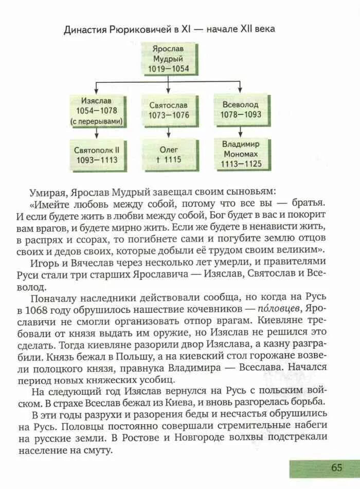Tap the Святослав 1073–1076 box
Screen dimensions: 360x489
coord(169,110)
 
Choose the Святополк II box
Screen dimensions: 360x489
coord(97,154)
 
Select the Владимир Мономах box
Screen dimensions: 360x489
coord(241,153)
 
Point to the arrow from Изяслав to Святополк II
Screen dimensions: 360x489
coord(97,133)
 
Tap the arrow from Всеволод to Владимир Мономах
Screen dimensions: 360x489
coord(241,131)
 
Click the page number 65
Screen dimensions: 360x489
coord(337,467)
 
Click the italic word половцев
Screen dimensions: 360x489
coord(276,309)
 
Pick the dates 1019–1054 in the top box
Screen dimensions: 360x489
coord(169,68)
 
